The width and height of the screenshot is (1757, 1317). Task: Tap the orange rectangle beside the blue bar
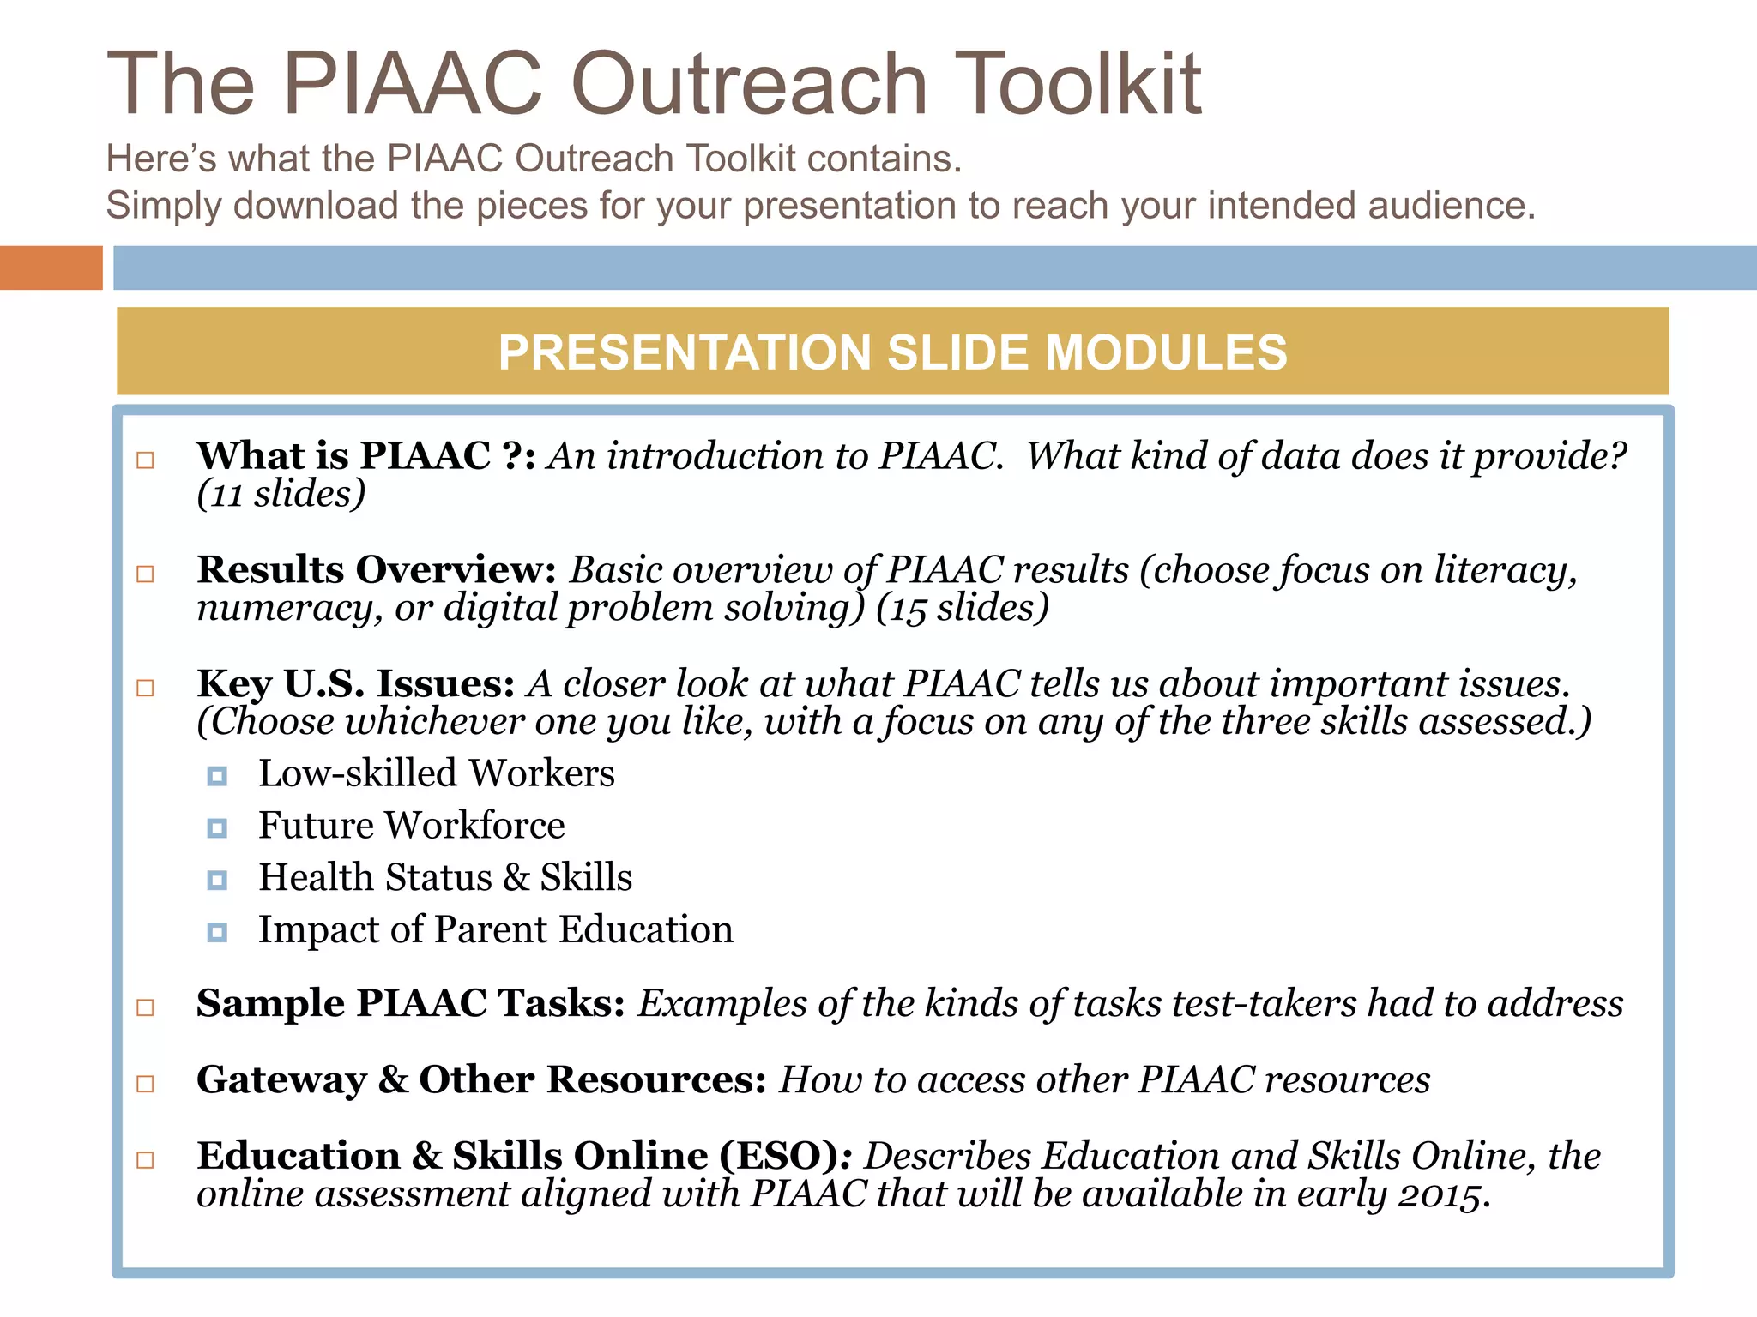[51, 268]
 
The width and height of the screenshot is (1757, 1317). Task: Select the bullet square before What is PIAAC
[146, 460]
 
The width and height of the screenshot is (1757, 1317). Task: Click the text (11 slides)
[281, 495]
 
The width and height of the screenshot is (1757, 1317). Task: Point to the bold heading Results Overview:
[377, 569]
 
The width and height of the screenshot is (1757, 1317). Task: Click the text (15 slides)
[963, 608]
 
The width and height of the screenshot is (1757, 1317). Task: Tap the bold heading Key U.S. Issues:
[355, 683]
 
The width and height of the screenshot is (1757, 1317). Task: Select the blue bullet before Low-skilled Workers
[217, 776]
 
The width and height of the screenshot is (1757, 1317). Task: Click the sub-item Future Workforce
[412, 825]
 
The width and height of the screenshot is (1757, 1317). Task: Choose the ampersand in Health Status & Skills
[516, 877]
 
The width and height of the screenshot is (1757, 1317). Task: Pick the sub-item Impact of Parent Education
[496, 929]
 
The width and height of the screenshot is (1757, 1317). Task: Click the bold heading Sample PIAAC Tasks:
[411, 1003]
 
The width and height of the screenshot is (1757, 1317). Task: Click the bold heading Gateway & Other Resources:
[481, 1079]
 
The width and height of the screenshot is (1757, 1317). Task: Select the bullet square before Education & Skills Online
[146, 1160]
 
